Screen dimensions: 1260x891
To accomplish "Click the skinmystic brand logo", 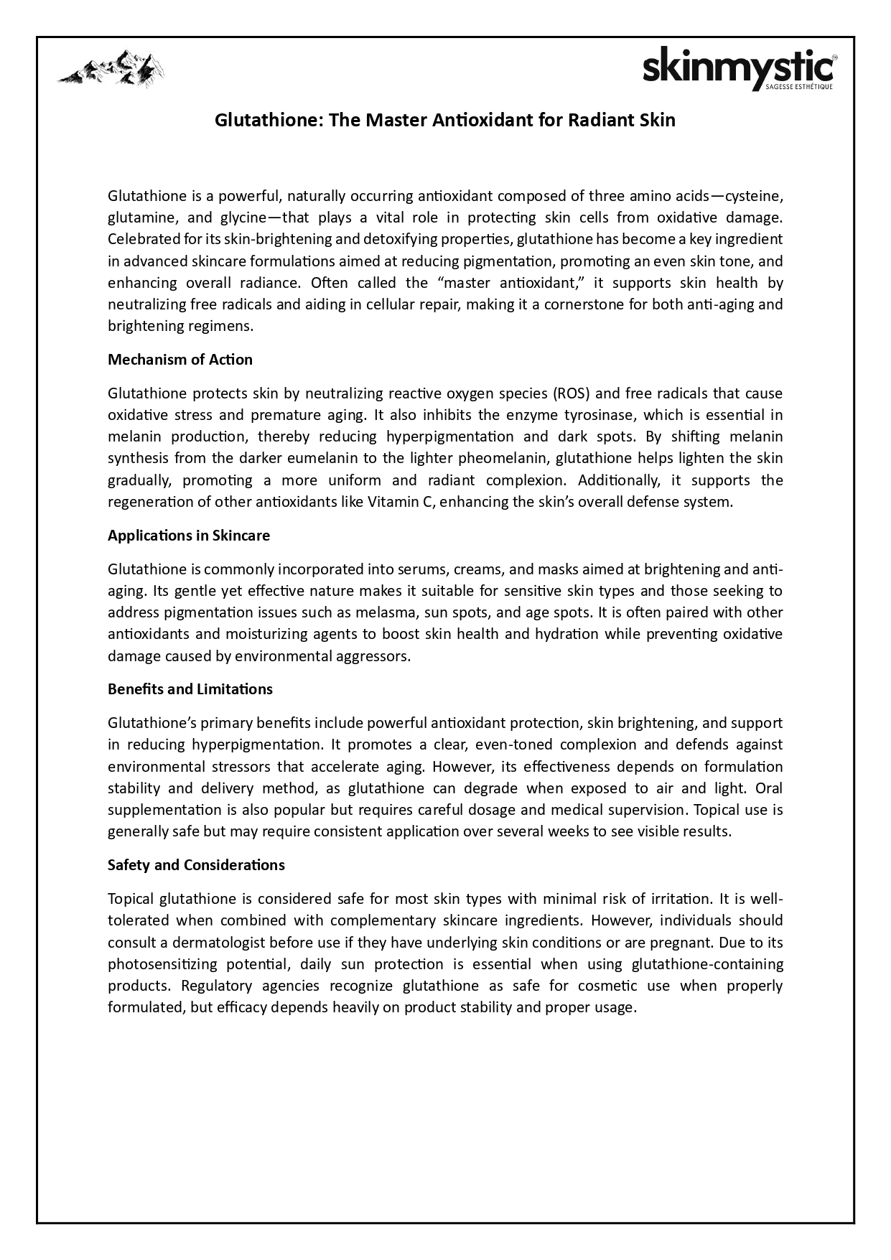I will [x=737, y=69].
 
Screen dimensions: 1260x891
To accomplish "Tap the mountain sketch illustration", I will [x=111, y=69].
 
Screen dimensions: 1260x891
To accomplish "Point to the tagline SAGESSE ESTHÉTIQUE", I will [x=799, y=88].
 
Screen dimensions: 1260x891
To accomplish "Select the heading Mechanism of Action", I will [x=180, y=360].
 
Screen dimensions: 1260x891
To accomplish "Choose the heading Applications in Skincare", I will [x=189, y=536].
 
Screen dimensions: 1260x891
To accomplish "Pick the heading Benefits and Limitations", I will [x=190, y=689].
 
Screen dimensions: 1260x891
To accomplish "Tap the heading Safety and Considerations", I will [x=196, y=865].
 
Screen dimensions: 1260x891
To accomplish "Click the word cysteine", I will [x=752, y=196].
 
